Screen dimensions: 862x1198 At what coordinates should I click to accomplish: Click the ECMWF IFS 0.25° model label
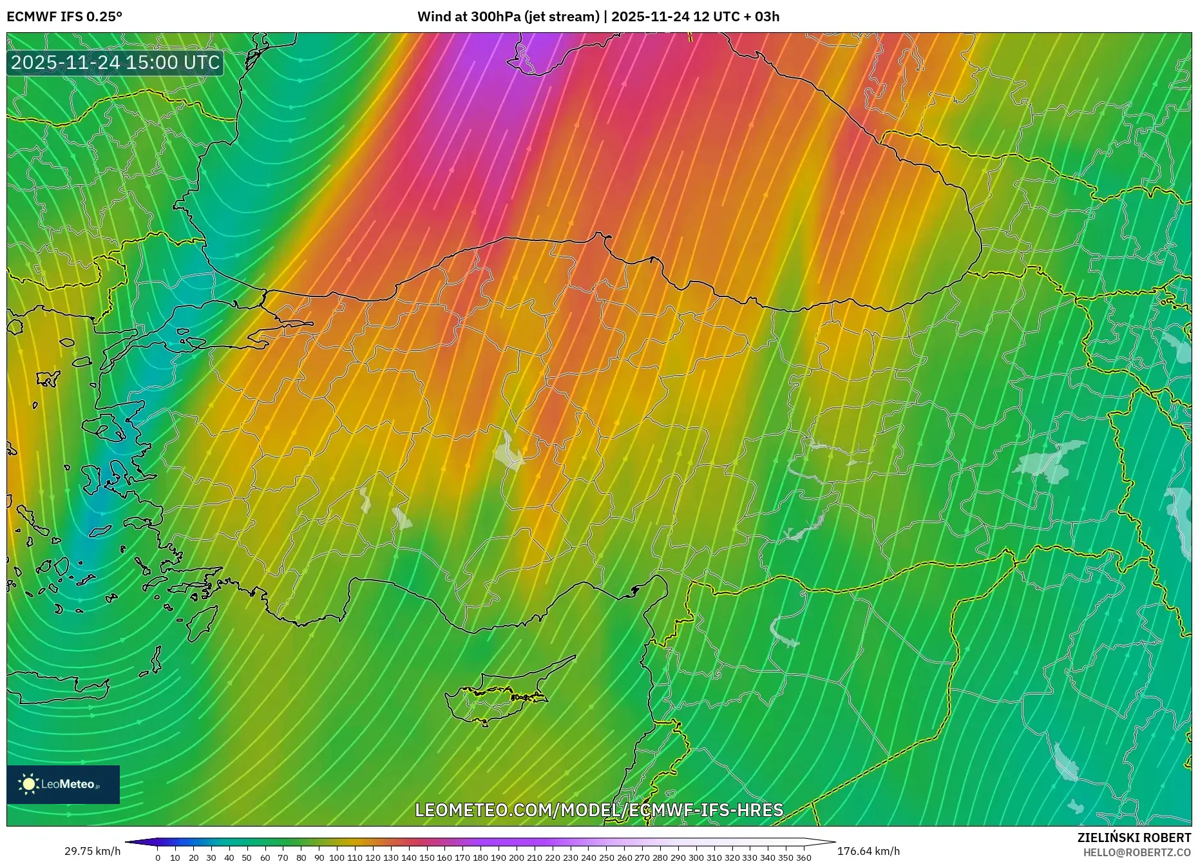64,17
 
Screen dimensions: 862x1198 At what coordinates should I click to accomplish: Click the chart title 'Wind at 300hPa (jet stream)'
508,17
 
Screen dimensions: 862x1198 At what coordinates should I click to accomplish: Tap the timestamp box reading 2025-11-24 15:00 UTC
115,62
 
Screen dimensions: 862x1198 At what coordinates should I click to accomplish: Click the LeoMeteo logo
63,784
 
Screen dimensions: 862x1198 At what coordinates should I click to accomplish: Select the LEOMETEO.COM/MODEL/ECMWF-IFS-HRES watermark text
599,810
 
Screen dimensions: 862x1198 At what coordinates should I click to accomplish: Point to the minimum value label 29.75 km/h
92,851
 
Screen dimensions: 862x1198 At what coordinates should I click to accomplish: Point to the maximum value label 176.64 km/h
868,851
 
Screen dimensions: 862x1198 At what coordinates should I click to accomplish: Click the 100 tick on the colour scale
337,857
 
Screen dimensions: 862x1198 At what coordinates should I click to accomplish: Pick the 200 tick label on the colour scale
517,857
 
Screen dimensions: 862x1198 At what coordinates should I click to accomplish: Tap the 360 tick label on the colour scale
803,857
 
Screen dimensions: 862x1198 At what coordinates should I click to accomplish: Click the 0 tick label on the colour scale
158,857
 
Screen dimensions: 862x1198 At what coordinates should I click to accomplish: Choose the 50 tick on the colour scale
247,857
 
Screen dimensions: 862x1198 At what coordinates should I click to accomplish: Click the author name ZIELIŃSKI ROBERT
1134,838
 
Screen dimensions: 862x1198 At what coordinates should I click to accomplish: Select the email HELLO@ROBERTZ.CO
1137,852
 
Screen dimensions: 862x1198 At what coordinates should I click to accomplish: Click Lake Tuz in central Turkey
509,451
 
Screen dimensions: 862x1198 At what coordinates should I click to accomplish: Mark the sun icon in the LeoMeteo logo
28,784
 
